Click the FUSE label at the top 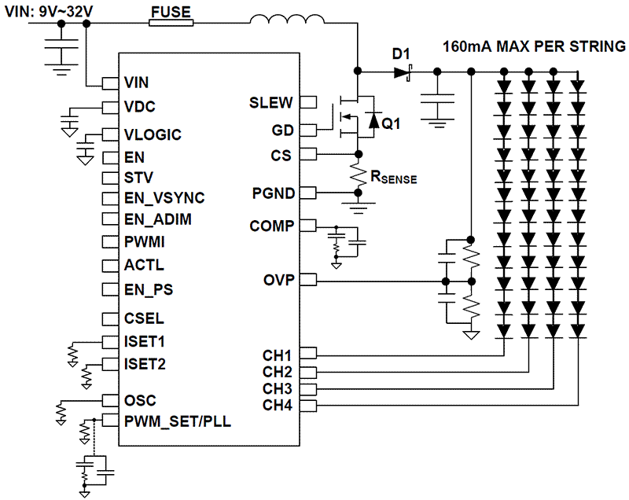click(171, 11)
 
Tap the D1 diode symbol click(403, 72)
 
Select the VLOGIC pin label click(153, 134)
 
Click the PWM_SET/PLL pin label click(177, 421)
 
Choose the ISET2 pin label click(145, 364)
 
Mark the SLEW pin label click(271, 102)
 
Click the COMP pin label click(271, 226)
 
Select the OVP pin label click(278, 280)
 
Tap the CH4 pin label click(277, 406)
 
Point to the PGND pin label click(272, 192)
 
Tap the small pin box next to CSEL click(109, 318)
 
